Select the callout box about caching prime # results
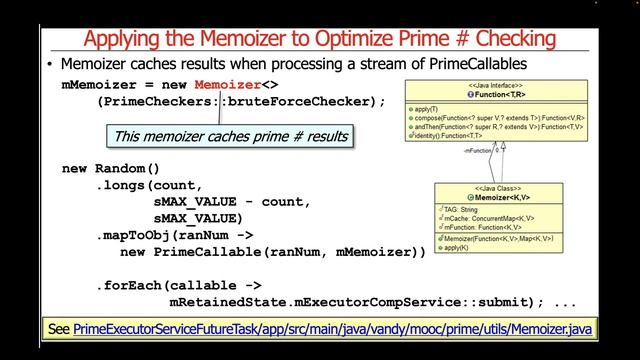tap(230, 136)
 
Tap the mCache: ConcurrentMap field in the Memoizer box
tap(485, 217)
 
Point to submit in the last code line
tap(503, 301)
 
